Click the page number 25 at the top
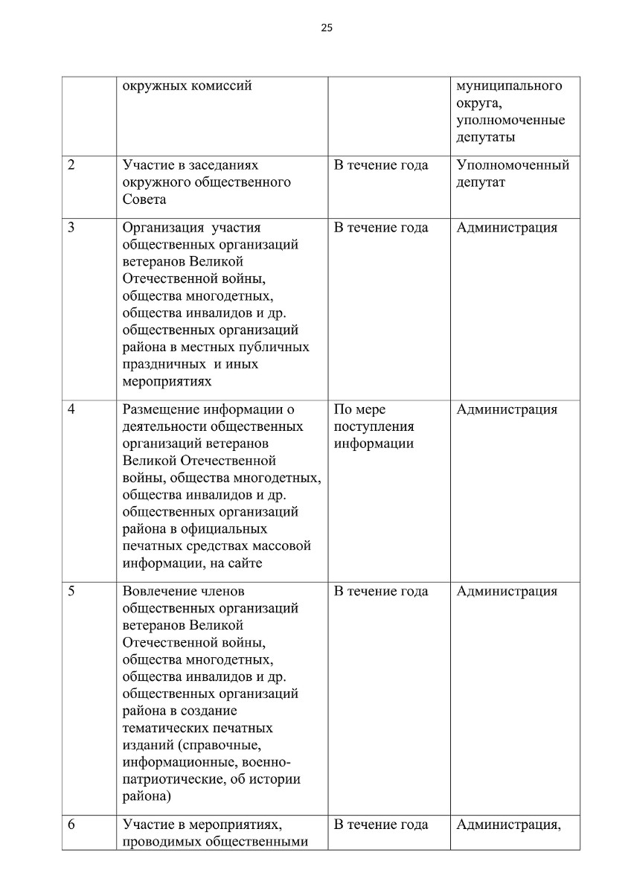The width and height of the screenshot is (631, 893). pyautogui.click(x=327, y=28)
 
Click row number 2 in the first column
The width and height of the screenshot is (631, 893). pyautogui.click(x=71, y=165)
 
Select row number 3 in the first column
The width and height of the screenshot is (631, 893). pyautogui.click(x=71, y=228)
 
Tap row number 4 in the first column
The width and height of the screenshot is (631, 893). pyautogui.click(x=71, y=409)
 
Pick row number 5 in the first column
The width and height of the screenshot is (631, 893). pyautogui.click(x=71, y=592)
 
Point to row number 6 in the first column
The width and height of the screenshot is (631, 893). pyautogui.click(x=71, y=825)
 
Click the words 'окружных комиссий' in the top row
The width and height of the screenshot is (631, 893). pyautogui.click(x=188, y=86)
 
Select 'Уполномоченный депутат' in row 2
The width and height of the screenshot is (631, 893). pyautogui.click(x=513, y=173)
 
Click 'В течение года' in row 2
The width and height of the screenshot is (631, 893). pyautogui.click(x=381, y=165)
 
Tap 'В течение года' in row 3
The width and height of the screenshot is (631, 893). pyautogui.click(x=381, y=228)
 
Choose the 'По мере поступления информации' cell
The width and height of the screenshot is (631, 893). pyautogui.click(x=374, y=426)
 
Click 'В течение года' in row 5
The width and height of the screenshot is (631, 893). pyautogui.click(x=381, y=592)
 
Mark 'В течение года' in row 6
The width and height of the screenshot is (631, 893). pyautogui.click(x=381, y=825)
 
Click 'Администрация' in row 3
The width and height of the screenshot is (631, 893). pyautogui.click(x=507, y=228)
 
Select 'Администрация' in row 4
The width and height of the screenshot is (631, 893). pyautogui.click(x=507, y=409)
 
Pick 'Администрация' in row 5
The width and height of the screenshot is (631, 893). pyautogui.click(x=507, y=592)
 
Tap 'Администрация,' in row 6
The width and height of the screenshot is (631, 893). pyautogui.click(x=508, y=825)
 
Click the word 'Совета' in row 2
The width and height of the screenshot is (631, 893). pyautogui.click(x=144, y=199)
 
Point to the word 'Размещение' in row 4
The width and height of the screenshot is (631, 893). pyautogui.click(x=161, y=409)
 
